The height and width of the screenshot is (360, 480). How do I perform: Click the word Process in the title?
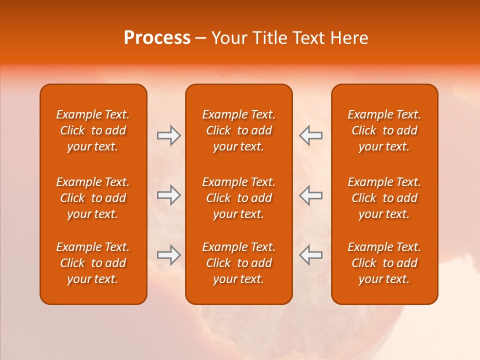157,38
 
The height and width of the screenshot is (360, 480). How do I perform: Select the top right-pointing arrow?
168,135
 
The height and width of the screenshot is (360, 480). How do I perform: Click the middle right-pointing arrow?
168,195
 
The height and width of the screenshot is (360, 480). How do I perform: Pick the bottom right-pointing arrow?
168,255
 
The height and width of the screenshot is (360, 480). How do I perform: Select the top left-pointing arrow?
310,135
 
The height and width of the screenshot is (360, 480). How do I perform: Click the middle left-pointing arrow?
310,195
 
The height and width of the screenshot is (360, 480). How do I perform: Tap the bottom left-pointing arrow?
310,255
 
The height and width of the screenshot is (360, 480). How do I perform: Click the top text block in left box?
93,130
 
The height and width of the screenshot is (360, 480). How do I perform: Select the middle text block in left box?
93,198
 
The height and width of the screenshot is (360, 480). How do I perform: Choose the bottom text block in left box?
93,263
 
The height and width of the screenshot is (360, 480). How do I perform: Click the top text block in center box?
238,130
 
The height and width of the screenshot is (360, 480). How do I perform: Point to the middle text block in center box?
238,198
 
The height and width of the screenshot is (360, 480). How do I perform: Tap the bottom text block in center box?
238,263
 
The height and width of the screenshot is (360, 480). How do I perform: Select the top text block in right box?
384,130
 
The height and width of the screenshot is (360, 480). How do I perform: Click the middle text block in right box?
384,198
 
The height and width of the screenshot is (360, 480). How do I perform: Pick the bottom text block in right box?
384,263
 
